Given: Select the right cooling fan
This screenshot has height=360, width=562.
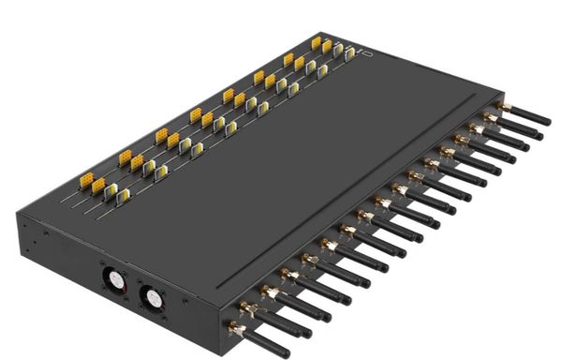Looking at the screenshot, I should click(x=150, y=296).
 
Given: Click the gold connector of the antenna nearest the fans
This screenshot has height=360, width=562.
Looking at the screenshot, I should click(x=235, y=329).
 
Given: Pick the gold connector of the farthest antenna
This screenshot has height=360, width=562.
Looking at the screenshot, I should click(x=505, y=109).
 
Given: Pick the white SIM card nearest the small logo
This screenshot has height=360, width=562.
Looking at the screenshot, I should click(x=350, y=54).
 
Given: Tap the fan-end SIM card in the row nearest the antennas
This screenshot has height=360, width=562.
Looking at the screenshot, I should click(x=122, y=196).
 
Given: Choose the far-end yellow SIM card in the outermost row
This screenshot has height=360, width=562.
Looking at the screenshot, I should click(x=316, y=42).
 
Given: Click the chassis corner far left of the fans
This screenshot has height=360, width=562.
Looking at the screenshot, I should click(x=20, y=222).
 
